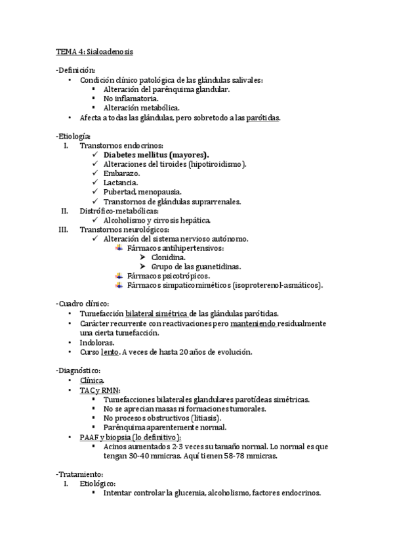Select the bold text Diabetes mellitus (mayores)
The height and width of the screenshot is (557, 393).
point(153,154)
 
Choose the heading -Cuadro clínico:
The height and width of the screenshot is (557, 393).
point(81,304)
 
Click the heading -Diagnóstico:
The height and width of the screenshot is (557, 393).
point(78,370)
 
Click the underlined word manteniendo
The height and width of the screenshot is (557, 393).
point(259,324)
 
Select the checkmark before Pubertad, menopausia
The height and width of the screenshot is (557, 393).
point(96,192)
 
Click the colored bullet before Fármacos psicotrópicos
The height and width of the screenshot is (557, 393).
point(119,276)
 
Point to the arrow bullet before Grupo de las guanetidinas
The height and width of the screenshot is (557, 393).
point(142,267)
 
